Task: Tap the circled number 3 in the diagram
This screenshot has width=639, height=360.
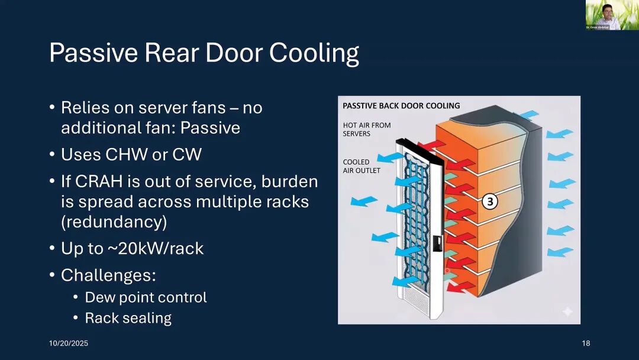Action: coord(489,202)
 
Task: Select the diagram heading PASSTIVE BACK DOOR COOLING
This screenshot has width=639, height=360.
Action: coord(401,106)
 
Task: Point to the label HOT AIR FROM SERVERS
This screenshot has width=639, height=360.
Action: coord(367,129)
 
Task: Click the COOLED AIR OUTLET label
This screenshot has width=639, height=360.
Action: coord(362,166)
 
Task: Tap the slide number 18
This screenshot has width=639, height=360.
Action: coord(586,343)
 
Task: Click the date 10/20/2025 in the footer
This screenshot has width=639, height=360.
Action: coord(68,343)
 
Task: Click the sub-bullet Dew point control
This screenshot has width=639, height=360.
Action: coord(146,297)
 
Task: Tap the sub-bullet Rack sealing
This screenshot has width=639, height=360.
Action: coord(128,318)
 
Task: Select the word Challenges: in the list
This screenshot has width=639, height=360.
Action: coord(108,275)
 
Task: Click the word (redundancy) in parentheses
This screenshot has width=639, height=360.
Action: coord(114,222)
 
